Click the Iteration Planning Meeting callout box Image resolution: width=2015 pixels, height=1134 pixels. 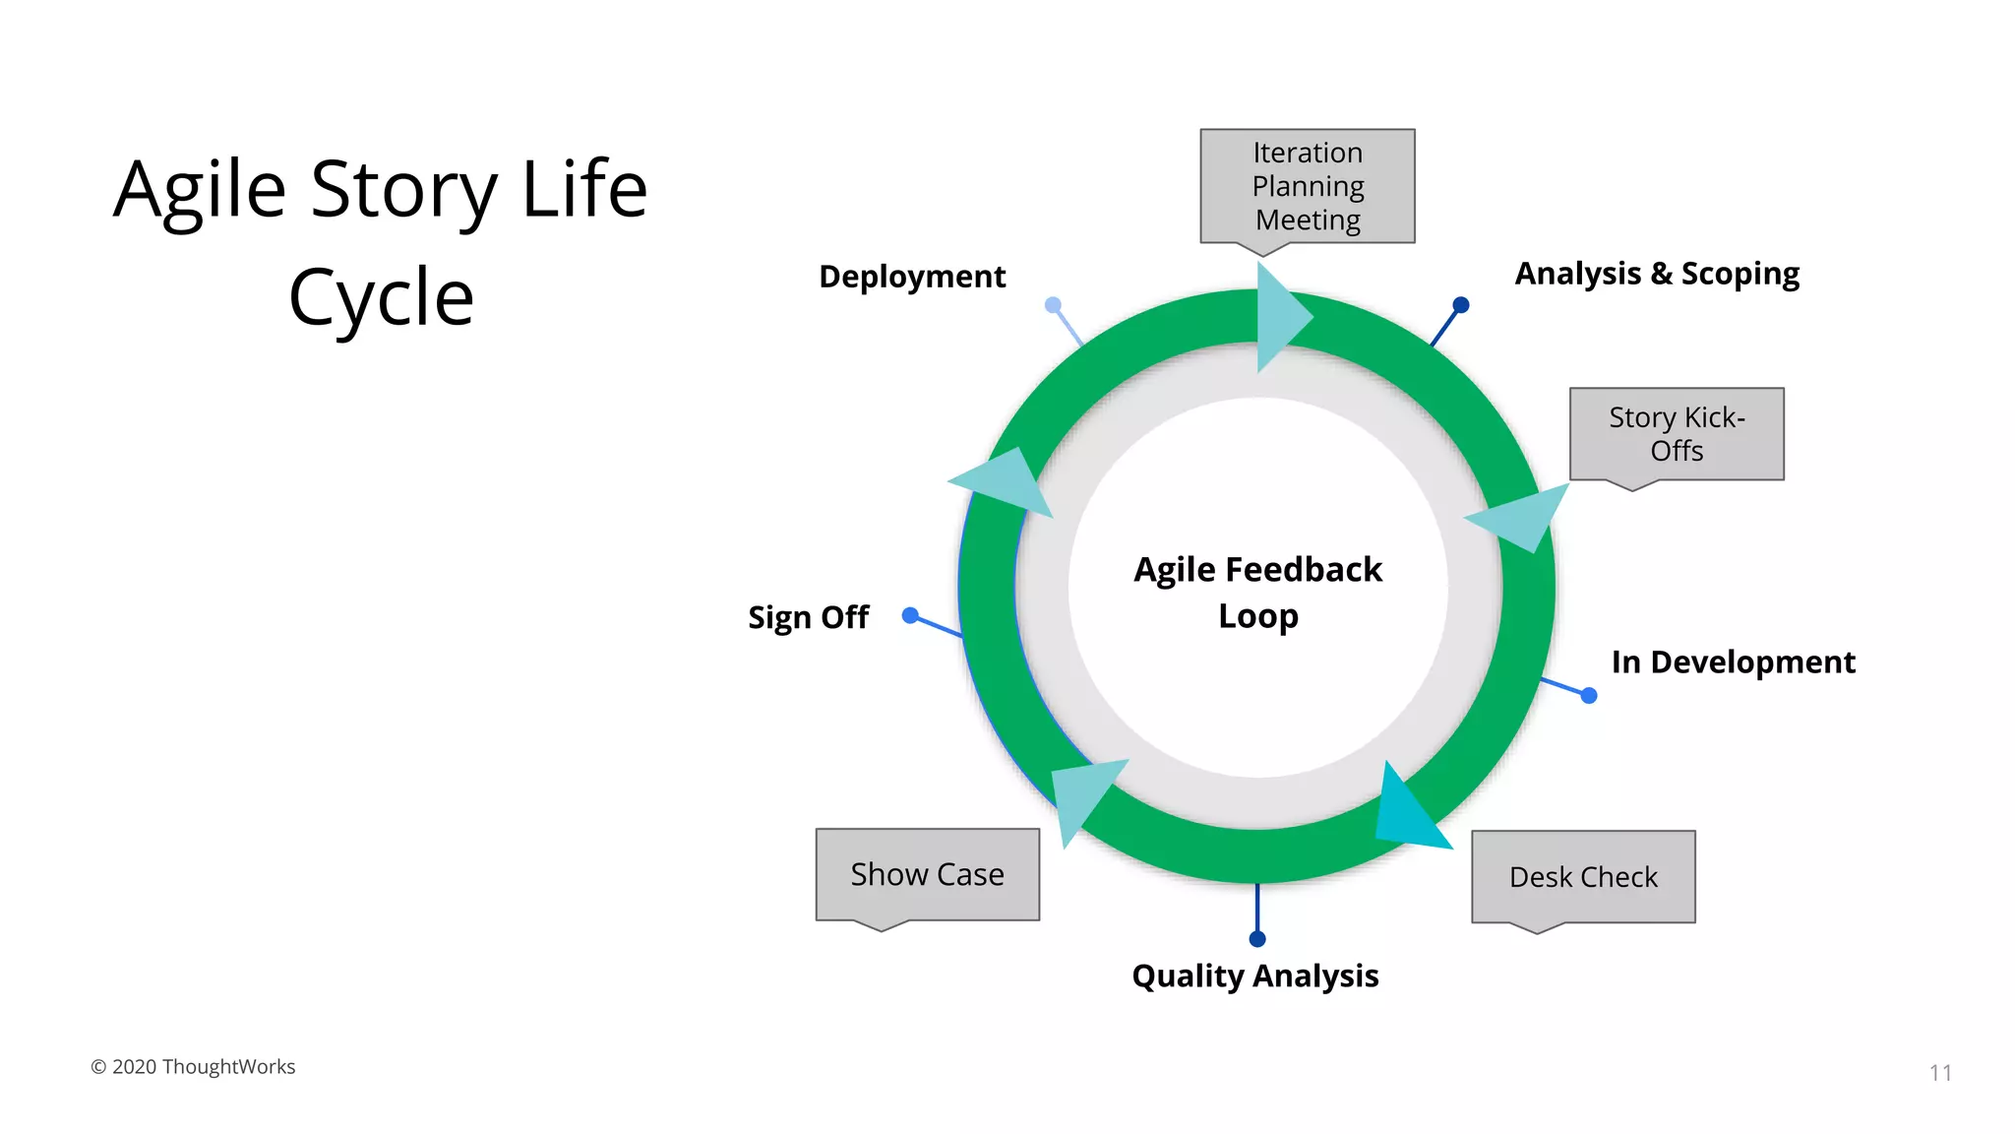[x=1307, y=186]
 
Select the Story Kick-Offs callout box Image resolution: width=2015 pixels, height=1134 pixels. [x=1677, y=434]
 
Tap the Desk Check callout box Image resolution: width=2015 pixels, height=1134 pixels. [x=1583, y=877]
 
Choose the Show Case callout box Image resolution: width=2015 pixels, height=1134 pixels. [x=927, y=874]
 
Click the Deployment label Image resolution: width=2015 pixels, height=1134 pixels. [x=912, y=277]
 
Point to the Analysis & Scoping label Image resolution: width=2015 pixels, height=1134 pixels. [x=1657, y=274]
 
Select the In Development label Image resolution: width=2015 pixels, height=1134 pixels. [x=1733, y=662]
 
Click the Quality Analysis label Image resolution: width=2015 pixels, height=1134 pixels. [x=1254, y=976]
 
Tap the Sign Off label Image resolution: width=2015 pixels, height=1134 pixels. [x=808, y=617]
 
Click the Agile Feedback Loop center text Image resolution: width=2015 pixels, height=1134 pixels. [x=1257, y=593]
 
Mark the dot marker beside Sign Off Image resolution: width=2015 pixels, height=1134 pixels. [x=910, y=615]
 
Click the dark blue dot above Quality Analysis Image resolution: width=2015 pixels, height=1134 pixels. [x=1257, y=939]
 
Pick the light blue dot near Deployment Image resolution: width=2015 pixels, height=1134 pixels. [x=1053, y=305]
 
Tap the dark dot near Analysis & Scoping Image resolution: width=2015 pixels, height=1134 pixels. [x=1461, y=305]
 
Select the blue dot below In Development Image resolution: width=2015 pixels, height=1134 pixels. [x=1589, y=696]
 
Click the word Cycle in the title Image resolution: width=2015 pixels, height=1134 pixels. [x=382, y=296]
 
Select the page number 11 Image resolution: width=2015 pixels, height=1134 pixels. [x=1940, y=1073]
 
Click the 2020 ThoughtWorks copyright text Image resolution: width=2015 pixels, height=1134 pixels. [x=193, y=1067]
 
